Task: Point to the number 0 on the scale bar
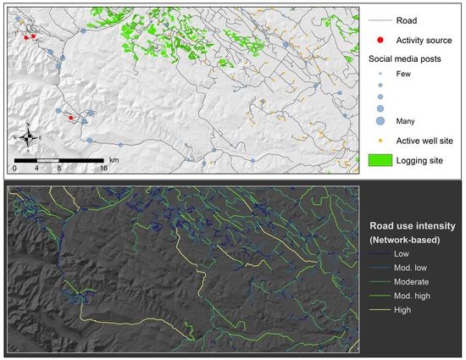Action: (16, 168)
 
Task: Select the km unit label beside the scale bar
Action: (114, 158)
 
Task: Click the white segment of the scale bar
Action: (48, 159)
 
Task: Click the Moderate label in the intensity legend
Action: (409, 281)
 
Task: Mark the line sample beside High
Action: (380, 311)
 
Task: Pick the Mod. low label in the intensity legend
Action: (408, 267)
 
